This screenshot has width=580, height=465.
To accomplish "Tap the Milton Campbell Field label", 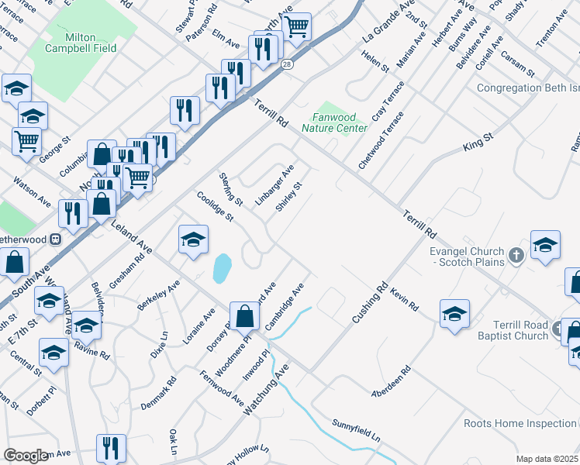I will tap(91, 42).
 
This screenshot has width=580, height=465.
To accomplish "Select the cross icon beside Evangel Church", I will tap(517, 253).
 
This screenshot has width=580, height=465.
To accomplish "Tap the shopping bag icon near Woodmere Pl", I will tap(245, 316).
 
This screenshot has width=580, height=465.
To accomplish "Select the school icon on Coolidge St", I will tap(193, 239).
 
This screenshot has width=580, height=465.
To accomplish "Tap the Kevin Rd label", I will tap(405, 296).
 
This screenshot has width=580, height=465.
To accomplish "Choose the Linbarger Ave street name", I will tap(275, 180).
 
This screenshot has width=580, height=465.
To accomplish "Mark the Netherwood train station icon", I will tap(55, 239).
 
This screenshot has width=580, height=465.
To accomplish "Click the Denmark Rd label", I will tap(159, 393).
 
